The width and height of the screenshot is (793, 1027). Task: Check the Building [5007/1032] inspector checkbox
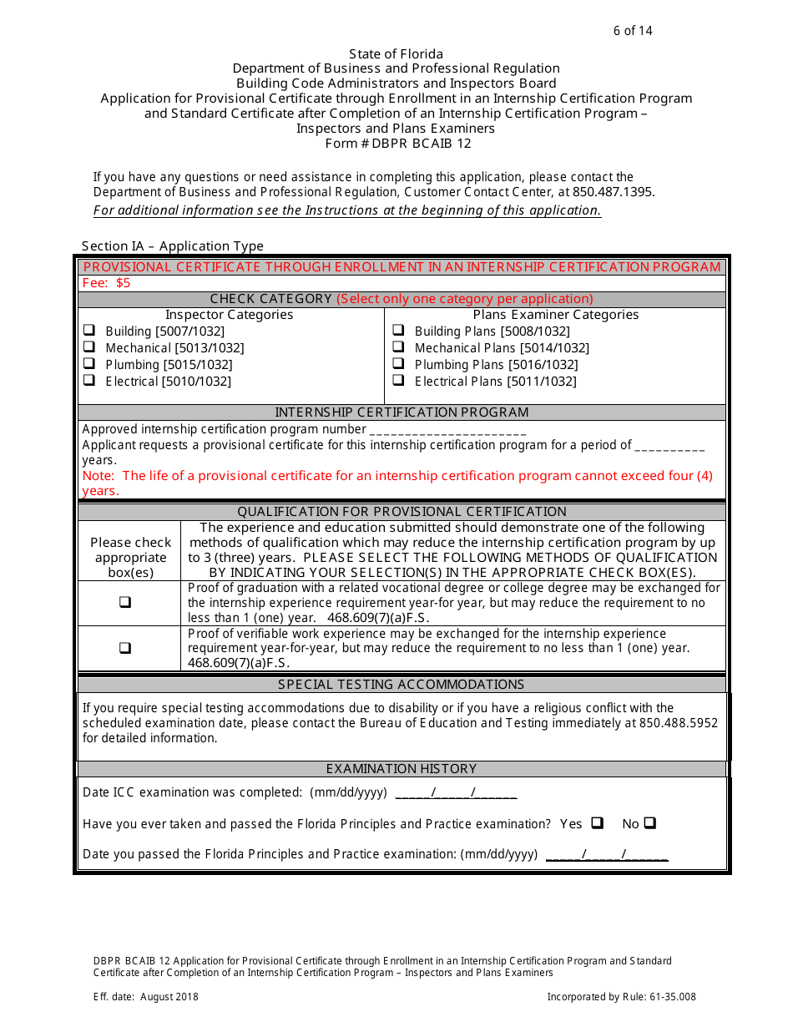tap(89, 331)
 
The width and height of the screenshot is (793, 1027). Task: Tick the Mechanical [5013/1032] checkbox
tap(89, 347)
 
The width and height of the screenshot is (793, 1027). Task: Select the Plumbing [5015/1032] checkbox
tap(89, 364)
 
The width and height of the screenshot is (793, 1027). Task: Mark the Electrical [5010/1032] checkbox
tap(89, 381)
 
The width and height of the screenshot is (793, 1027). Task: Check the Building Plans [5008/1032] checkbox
tap(399, 331)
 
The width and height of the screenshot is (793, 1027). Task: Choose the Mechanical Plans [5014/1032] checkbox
tap(399, 347)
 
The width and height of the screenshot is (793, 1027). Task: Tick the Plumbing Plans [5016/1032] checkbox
tap(399, 364)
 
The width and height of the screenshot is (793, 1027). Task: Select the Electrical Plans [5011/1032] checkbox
tap(399, 381)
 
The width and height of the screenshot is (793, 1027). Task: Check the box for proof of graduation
tap(125, 602)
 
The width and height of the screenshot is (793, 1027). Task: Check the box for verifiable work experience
tap(125, 648)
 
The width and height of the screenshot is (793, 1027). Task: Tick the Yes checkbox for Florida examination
tap(597, 823)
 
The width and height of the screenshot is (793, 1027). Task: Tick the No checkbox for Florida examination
tap(649, 823)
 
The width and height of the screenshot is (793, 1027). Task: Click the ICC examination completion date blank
tap(456, 793)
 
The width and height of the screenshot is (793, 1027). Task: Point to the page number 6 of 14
tap(633, 31)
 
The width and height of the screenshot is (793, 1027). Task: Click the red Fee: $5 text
tap(106, 283)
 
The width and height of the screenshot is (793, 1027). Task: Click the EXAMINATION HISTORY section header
tap(402, 769)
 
